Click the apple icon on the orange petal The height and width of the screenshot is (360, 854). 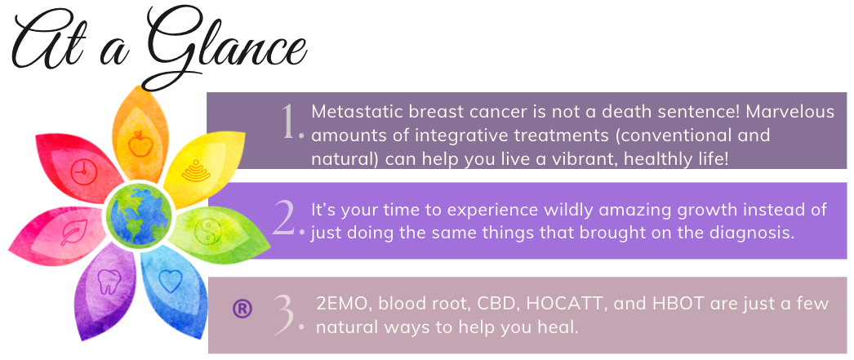pyautogui.click(x=140, y=143)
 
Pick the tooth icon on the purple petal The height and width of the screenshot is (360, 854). pyautogui.click(x=107, y=282)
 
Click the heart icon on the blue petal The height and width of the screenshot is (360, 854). pyautogui.click(x=170, y=281)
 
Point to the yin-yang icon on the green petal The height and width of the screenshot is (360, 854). pyautogui.click(x=208, y=231)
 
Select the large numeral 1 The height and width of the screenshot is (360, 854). pyautogui.click(x=290, y=121)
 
